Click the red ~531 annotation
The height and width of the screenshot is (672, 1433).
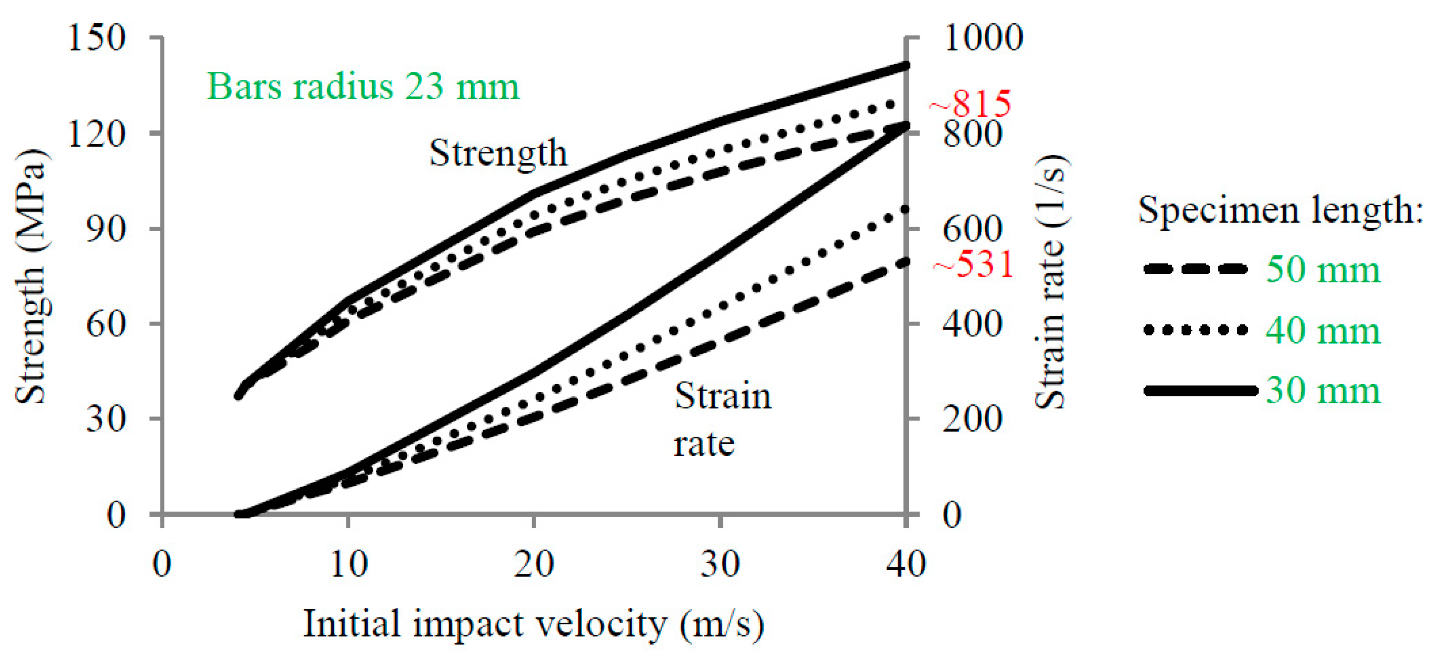click(974, 264)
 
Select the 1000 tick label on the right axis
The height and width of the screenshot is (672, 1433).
click(982, 38)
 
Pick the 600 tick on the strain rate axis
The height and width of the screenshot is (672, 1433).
click(972, 228)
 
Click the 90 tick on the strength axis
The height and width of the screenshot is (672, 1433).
click(106, 228)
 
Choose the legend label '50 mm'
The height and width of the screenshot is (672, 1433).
click(1323, 270)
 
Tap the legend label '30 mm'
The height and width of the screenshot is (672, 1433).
click(1323, 391)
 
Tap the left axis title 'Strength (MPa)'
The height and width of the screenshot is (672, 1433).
click(30, 276)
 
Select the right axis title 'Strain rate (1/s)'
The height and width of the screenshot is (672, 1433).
click(1050, 281)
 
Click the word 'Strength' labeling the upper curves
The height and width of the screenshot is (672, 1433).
click(498, 152)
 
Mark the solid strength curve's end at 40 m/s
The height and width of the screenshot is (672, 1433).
click(905, 66)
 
